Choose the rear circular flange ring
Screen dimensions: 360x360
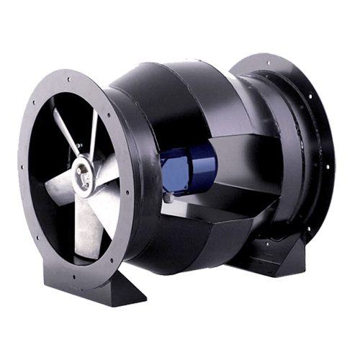[x=317, y=108]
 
